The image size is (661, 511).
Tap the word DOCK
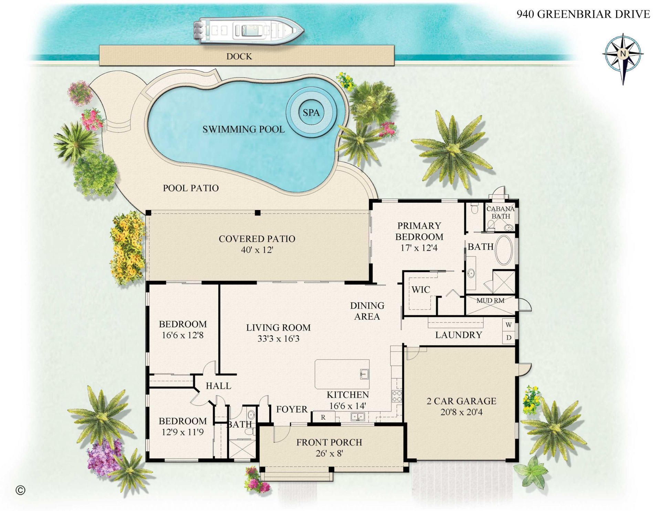[239, 56]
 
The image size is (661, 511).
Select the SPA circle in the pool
[311, 112]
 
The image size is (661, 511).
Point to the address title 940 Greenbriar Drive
[583, 14]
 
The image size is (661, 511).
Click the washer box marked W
[508, 325]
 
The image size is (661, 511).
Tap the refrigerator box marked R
[323, 417]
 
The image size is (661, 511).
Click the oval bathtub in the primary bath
[504, 250]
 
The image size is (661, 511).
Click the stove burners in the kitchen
[397, 396]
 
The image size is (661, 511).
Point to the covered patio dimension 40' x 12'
[257, 250]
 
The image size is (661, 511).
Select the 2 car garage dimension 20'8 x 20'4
[461, 412]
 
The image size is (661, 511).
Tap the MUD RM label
[490, 301]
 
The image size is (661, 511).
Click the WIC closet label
[421, 290]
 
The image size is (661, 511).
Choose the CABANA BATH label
[500, 212]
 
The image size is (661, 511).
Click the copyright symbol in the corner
[21, 490]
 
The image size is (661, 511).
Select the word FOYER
[292, 409]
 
